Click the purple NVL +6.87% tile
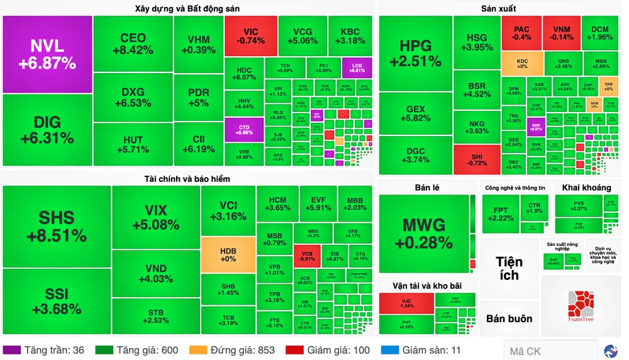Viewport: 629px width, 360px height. coord(47,54)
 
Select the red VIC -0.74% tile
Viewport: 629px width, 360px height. coord(250,36)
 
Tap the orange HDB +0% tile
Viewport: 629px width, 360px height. coord(228,254)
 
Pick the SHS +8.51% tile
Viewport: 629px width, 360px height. coord(57,227)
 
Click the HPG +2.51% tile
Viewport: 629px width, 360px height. coord(415,53)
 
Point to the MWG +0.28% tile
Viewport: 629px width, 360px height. coord(423,233)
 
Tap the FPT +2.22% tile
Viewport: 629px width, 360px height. coord(500,213)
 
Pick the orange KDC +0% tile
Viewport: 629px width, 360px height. coord(522,63)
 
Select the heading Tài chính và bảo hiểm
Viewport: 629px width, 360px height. coord(187,179)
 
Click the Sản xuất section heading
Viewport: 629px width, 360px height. coord(498,8)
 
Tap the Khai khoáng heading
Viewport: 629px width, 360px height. coord(586,187)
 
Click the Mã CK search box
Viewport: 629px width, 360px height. coord(550,351)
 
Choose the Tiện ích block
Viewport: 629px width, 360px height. coord(509,268)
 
